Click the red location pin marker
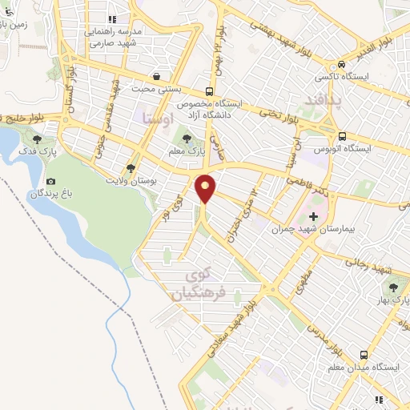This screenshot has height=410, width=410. click(206, 188)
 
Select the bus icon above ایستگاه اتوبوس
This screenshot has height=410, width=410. click(342, 135)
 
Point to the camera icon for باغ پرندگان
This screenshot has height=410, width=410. click(52, 182)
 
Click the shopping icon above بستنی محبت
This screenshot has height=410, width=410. click(156, 78)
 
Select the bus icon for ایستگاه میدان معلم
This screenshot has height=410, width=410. click(364, 353)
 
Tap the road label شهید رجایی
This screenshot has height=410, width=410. click(371, 267)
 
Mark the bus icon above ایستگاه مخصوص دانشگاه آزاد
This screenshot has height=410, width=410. click(210, 90)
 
